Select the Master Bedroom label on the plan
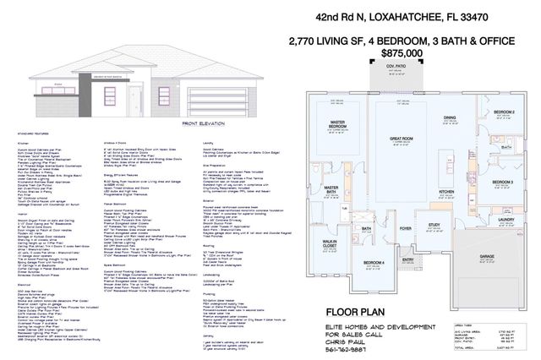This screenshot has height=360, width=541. pyautogui.click(x=341, y=128)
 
